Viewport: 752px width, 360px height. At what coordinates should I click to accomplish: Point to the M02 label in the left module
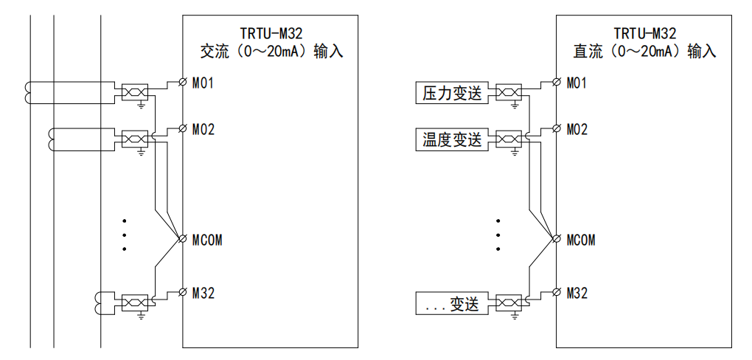coord(203,130)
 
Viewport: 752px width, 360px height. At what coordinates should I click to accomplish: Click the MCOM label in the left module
coord(207,240)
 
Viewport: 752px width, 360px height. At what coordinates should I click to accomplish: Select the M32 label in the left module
coord(203,294)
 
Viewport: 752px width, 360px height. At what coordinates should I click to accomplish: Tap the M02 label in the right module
coord(577,130)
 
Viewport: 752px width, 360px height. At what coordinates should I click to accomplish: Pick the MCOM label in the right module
coord(581,240)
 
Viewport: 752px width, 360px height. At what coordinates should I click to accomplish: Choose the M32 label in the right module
coord(577,294)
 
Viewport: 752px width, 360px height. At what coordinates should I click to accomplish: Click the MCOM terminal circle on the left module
coord(183,240)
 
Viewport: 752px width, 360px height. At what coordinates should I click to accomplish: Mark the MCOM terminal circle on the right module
coord(557,240)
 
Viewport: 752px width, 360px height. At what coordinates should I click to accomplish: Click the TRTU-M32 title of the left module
coord(271,33)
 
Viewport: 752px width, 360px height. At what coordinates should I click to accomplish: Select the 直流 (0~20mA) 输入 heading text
coord(644,52)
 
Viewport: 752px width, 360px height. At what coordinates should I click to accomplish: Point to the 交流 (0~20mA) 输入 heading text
coord(271,52)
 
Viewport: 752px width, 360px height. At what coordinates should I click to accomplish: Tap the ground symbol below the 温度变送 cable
coord(514,153)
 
